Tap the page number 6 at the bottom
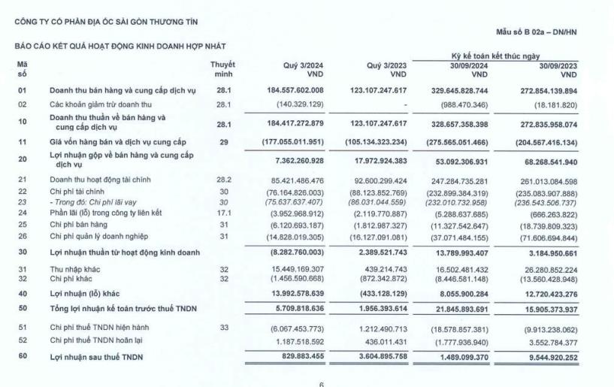tap(322, 384)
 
